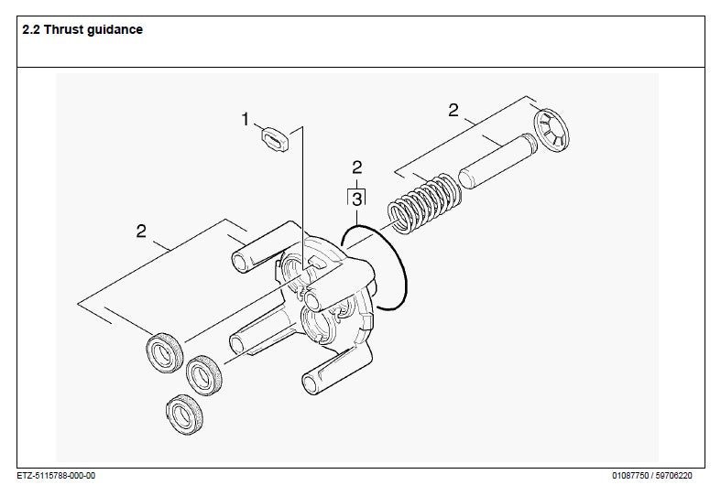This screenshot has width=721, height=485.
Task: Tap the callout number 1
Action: click(x=245, y=119)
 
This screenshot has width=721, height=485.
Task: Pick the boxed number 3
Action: click(x=357, y=197)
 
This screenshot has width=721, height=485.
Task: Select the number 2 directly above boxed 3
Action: click(x=357, y=167)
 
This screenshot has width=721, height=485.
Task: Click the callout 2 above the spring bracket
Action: click(x=453, y=111)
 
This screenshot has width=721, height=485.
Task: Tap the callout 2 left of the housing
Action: click(x=141, y=231)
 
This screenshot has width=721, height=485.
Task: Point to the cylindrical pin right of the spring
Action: click(x=494, y=162)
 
